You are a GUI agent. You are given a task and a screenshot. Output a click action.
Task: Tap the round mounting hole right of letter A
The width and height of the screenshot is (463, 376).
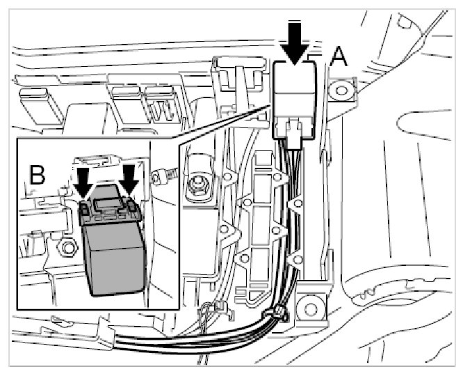[x=340, y=90]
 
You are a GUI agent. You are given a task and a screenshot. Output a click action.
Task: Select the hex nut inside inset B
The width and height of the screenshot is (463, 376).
[x=67, y=247]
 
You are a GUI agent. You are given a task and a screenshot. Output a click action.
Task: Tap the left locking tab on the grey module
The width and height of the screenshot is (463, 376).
[x=84, y=208]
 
